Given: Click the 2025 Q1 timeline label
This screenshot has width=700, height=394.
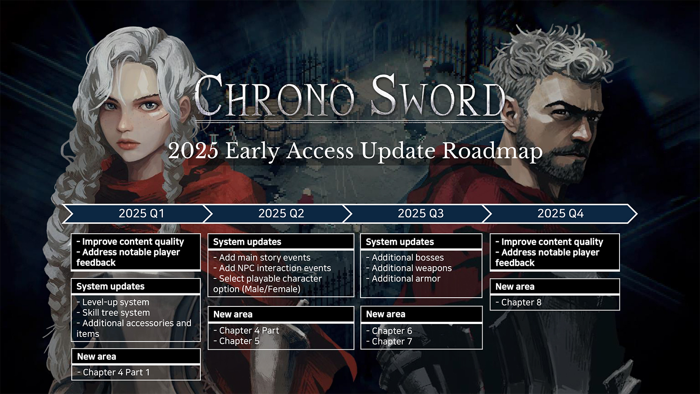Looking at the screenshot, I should pyautogui.click(x=141, y=213).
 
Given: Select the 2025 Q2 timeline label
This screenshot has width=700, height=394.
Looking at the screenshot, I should pyautogui.click(x=281, y=213).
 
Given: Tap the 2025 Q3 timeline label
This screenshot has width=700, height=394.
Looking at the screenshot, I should pyautogui.click(x=420, y=213).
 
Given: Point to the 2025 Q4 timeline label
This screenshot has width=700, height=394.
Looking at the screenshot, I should pyautogui.click(x=560, y=213).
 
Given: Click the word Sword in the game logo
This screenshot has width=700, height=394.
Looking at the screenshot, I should pyautogui.click(x=438, y=97).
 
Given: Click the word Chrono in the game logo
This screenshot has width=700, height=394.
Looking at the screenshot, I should pyautogui.click(x=274, y=97).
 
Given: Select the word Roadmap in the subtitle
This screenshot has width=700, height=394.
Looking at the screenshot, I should pyautogui.click(x=492, y=151).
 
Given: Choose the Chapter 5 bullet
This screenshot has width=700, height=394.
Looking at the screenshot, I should pyautogui.click(x=238, y=341).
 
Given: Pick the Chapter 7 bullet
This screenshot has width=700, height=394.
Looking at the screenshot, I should pyautogui.click(x=391, y=341).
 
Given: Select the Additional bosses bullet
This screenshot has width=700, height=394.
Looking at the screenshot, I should pyautogui.click(x=407, y=257).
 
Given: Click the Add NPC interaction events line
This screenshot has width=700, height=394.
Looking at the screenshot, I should pyautogui.click(x=274, y=268).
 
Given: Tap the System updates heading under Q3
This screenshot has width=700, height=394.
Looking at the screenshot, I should pyautogui.click(x=400, y=242).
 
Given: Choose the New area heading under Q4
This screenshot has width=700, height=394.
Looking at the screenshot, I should pyautogui.click(x=515, y=287).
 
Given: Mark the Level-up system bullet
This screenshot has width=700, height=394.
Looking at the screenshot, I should pyautogui.click(x=115, y=302).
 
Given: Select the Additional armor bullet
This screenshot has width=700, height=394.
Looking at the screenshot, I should pyautogui.click(x=405, y=278).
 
